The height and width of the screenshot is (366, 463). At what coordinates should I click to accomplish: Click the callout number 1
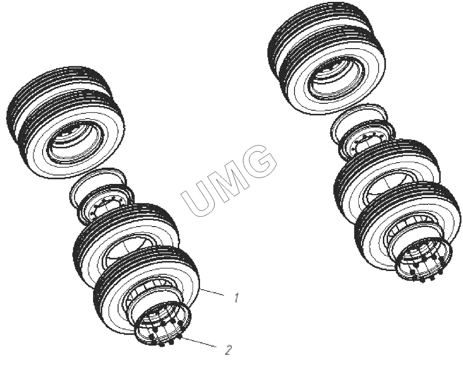pos(236,298)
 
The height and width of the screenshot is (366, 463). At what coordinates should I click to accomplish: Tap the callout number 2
pos(228,350)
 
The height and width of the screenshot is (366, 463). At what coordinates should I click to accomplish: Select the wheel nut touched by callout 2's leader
pos(180,336)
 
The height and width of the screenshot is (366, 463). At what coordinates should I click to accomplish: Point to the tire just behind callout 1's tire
pos(124,233)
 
